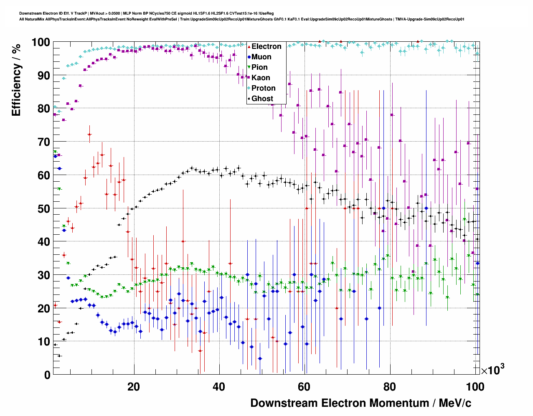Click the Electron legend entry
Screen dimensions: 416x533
(x=266, y=46)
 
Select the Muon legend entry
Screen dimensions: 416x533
(x=261, y=57)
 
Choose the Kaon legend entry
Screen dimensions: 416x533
(x=260, y=78)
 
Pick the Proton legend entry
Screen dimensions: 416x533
(x=263, y=88)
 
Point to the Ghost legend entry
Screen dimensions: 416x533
(x=262, y=99)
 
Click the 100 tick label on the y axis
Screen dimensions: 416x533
(x=41, y=42)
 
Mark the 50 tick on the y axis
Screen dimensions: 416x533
(x=44, y=208)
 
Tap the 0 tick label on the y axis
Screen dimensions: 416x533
(x=47, y=375)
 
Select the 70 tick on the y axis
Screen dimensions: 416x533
(x=44, y=142)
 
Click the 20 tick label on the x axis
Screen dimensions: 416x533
(x=134, y=387)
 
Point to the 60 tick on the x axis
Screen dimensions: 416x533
(x=304, y=387)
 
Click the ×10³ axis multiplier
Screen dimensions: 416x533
(x=492, y=370)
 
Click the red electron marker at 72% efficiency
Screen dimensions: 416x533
(x=89, y=134)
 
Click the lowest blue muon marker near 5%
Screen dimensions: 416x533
(x=260, y=358)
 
